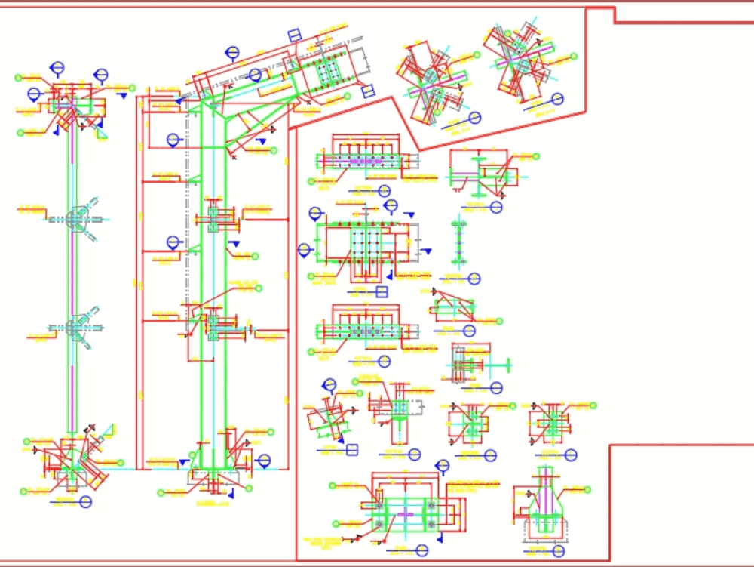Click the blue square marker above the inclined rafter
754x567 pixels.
click(295, 35)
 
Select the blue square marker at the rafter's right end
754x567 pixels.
click(368, 91)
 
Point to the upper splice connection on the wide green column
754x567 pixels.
click(213, 218)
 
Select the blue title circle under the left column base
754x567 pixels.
click(85, 501)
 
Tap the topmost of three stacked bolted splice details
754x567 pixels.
click(366, 161)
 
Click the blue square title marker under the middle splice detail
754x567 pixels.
click(382, 291)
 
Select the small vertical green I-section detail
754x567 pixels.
click(458, 242)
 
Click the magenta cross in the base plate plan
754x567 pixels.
click(406, 514)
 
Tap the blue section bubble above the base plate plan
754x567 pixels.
click(443, 466)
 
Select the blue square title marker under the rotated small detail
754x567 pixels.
click(351, 450)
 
